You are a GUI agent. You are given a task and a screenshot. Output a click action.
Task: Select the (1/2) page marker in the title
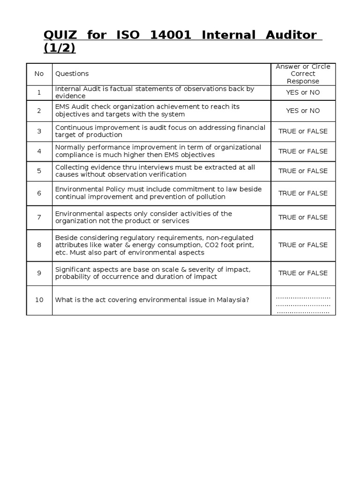[x=59, y=48]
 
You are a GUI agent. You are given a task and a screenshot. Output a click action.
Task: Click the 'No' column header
[x=39, y=74]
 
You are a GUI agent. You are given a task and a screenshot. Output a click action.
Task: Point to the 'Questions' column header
[x=72, y=74]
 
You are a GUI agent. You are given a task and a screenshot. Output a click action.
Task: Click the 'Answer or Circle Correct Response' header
[x=303, y=74]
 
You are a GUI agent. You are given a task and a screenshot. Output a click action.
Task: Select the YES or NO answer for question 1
[x=303, y=92]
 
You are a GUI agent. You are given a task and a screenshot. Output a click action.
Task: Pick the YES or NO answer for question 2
[x=303, y=111]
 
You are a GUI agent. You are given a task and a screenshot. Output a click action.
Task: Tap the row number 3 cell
[x=39, y=131]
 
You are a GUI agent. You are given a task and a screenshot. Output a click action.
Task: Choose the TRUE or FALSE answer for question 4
[x=303, y=151]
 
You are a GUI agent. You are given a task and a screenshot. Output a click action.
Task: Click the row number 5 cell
[x=39, y=171]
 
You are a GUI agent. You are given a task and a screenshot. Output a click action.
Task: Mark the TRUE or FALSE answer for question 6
[x=303, y=193]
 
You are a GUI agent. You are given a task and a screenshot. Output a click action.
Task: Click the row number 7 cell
[x=39, y=217]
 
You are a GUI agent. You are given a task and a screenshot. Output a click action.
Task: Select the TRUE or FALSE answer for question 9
[x=303, y=273]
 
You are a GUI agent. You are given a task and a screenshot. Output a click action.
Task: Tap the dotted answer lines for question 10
[x=303, y=304]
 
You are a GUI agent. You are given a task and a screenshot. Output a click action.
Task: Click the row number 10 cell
[x=39, y=300]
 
